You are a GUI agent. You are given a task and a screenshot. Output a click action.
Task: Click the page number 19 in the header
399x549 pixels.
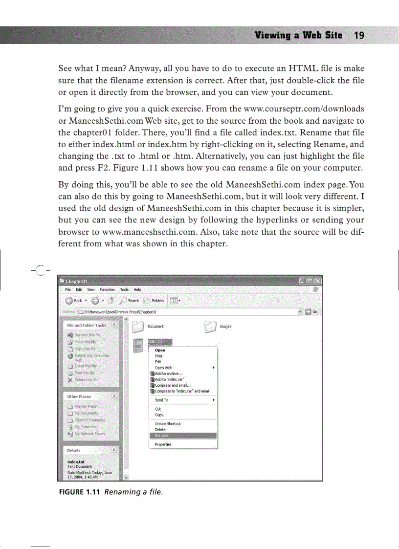click(359, 36)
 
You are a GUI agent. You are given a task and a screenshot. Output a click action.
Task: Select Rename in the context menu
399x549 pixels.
click(161, 435)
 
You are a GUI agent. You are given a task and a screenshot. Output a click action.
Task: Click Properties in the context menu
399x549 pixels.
click(163, 444)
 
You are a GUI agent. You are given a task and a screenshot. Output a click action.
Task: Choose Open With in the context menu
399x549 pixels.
click(163, 367)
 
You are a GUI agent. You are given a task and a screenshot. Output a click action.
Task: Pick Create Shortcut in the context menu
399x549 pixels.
click(167, 423)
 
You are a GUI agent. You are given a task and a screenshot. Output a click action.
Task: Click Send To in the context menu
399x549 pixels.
click(161, 400)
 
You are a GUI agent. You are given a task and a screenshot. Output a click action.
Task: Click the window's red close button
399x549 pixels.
click(318, 281)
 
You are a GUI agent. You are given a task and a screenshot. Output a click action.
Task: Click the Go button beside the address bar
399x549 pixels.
click(311, 311)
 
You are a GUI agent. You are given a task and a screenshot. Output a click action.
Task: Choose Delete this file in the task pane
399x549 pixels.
click(85, 379)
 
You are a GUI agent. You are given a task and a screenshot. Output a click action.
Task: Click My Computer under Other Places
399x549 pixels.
click(85, 426)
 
